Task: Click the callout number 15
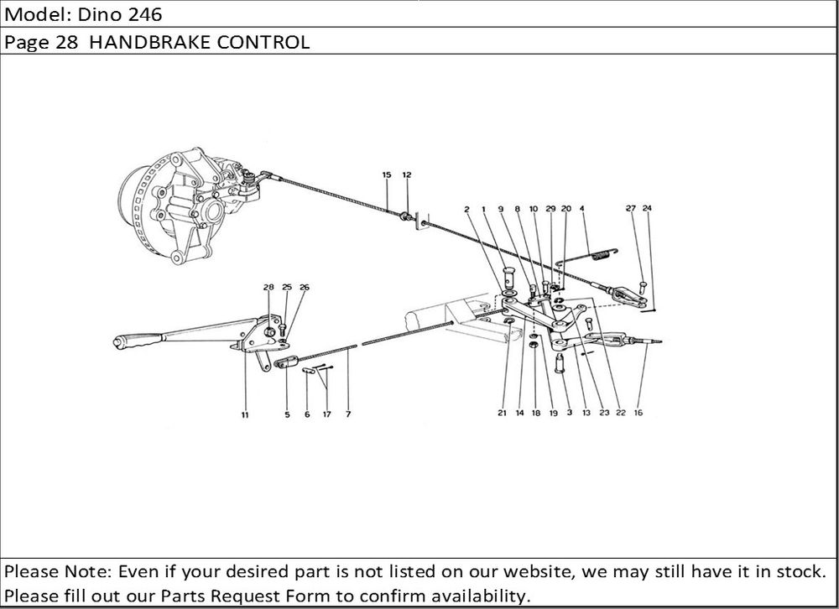point(386,175)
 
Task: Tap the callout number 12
point(407,175)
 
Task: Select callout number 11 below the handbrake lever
point(244,414)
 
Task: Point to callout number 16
point(638,414)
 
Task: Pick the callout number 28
point(268,288)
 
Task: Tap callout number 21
point(501,414)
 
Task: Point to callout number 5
point(287,414)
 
